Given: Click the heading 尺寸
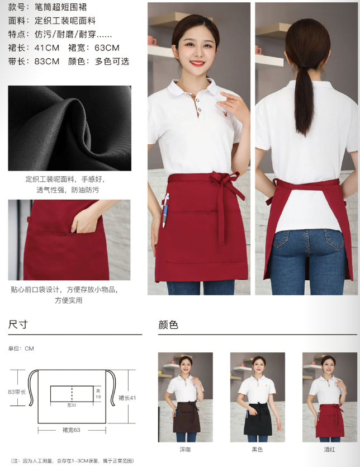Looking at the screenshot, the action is (x=18, y=324).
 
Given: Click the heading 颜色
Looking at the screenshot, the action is (x=168, y=324).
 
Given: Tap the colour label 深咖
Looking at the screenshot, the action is (x=185, y=450).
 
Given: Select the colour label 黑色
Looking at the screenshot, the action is (x=257, y=450).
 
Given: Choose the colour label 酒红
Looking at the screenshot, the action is (x=330, y=450).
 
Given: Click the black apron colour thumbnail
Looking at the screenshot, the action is (x=258, y=397).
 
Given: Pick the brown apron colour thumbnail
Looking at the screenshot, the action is (x=185, y=397).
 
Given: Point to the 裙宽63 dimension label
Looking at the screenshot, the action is (x=71, y=430).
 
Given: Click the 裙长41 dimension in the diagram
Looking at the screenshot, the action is (x=127, y=398).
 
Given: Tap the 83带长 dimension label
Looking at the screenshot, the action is (x=17, y=392).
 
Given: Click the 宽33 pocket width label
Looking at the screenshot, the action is (x=72, y=405).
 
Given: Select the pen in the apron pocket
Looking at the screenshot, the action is (x=165, y=210).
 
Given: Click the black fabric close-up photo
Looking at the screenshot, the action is (x=70, y=128).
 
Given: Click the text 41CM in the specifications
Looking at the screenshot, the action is (x=47, y=48).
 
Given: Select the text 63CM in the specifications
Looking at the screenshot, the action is (x=107, y=48).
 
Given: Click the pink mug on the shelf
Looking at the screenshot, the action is (x=152, y=41).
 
